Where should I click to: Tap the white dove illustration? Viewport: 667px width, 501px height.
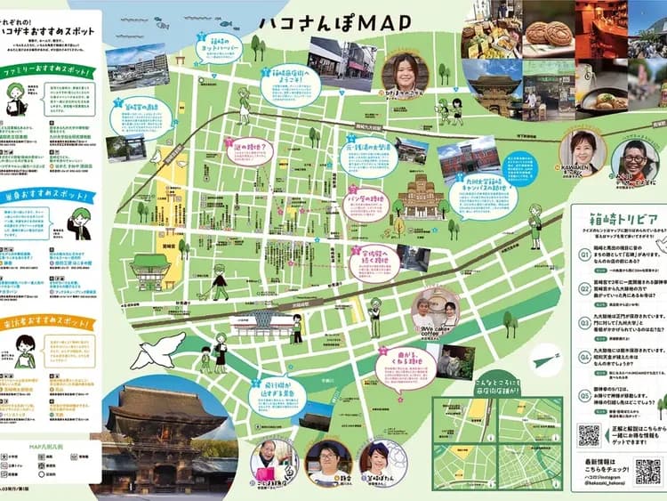(158, 349)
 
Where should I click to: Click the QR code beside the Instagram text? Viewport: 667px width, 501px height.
(648, 470)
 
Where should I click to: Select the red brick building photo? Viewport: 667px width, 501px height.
(469, 158)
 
